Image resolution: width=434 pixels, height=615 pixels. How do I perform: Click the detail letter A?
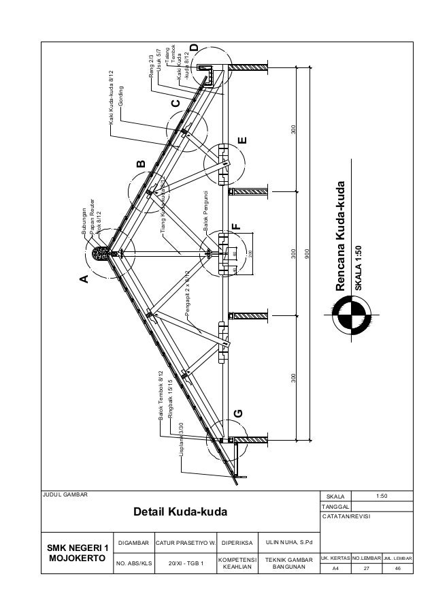84,279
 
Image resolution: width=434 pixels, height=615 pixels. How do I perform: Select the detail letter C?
175,104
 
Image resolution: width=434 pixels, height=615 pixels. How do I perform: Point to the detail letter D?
195,48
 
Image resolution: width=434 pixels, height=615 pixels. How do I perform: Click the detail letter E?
242,141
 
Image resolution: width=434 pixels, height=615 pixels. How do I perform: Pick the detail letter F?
235,225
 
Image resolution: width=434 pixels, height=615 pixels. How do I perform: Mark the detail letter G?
237,414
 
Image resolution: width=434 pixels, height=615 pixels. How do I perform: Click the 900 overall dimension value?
307,253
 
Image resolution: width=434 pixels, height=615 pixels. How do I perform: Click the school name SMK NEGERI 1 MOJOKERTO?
77,553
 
